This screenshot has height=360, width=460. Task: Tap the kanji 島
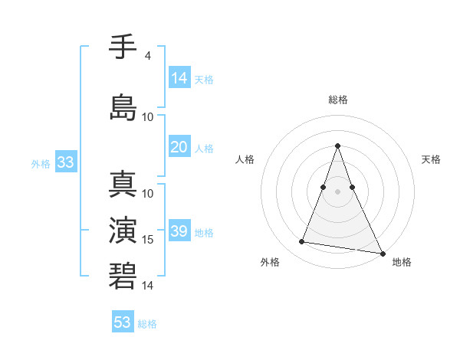coord(123,106)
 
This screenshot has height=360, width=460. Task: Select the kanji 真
coord(123,186)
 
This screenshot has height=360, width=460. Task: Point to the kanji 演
coord(123,231)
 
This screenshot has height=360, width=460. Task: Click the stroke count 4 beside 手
coord(147,56)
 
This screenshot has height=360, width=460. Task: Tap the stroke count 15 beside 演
coord(149,240)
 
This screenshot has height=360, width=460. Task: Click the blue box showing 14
coord(179,77)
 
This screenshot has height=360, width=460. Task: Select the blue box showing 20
coord(179,147)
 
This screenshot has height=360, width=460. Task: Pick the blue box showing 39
coord(179,231)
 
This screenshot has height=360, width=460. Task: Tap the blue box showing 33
coord(65,162)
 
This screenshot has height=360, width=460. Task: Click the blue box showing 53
coord(123,322)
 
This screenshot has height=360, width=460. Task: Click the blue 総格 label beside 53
coord(147,324)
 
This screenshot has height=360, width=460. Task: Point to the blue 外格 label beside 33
coord(41,163)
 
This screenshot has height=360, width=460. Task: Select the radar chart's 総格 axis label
coord(337,100)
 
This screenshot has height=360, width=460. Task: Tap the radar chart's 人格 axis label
coord(245,159)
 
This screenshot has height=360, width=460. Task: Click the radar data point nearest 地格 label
coord(382,254)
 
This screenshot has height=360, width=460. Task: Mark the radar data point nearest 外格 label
coord(301,242)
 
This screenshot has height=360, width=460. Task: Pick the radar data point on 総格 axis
coord(337,146)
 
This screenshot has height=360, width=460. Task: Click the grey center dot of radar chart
coord(337,191)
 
